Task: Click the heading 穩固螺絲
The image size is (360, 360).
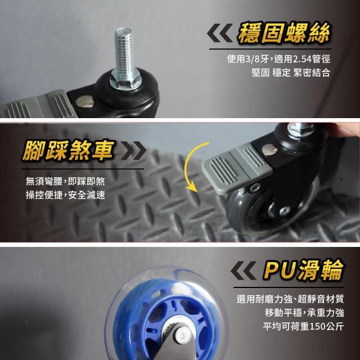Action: [283, 33]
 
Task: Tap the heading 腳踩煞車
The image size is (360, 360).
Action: [68, 150]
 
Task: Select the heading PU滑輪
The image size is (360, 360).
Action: [303, 270]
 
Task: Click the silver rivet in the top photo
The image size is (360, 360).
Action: [84, 101]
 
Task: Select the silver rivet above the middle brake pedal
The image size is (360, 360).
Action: [269, 150]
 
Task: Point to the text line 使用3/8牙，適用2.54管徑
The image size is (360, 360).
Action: [278, 59]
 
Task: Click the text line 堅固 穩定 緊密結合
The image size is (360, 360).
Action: [291, 73]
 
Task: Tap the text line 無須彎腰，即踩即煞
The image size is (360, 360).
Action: [65, 181]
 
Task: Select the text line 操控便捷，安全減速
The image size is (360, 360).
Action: [65, 195]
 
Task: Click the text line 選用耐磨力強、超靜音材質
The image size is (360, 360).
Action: [290, 299]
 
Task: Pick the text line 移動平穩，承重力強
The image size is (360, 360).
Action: [304, 313]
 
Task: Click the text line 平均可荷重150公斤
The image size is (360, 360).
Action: [303, 326]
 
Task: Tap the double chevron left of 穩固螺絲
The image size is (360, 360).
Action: [220, 33]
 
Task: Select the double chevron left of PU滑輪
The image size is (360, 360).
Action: [244, 270]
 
